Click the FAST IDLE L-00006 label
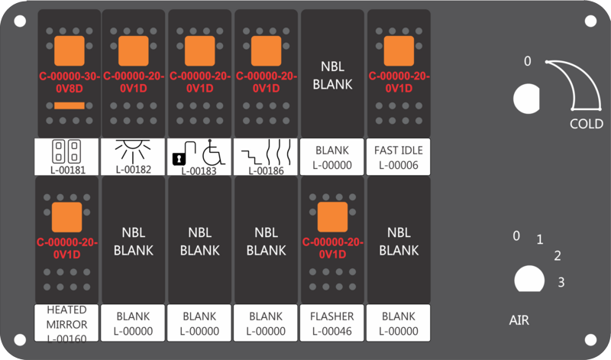[x=398, y=157]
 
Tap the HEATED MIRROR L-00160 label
[x=66, y=323]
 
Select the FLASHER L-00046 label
[x=332, y=323]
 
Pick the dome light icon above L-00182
[x=133, y=152]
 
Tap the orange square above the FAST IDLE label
[x=399, y=51]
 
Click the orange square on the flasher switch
[x=332, y=217]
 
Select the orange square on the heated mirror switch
[x=67, y=217]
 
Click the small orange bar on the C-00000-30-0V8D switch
[x=70, y=105]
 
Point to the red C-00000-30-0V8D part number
[x=70, y=83]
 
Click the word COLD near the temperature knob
[x=587, y=124]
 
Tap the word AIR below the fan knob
[x=519, y=320]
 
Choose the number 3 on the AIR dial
[x=561, y=282]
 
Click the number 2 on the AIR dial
[x=558, y=256]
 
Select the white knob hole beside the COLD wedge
[x=526, y=99]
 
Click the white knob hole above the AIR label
[x=529, y=279]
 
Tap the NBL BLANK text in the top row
[x=332, y=75]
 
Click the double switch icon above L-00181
[x=66, y=151]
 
